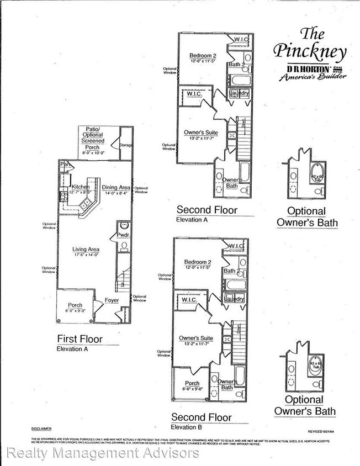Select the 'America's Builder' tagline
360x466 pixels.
(x=313, y=77)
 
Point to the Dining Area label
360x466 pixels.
(x=117, y=188)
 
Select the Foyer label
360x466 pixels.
(x=113, y=301)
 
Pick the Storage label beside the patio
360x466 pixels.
(x=126, y=146)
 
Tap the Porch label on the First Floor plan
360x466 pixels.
(x=75, y=305)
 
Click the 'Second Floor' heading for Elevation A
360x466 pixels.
(x=207, y=210)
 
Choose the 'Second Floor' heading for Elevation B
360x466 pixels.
(x=201, y=417)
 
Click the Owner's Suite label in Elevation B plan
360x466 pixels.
(x=196, y=338)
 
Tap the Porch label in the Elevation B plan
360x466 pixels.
(x=192, y=383)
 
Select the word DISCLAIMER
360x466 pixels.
(x=41, y=428)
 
